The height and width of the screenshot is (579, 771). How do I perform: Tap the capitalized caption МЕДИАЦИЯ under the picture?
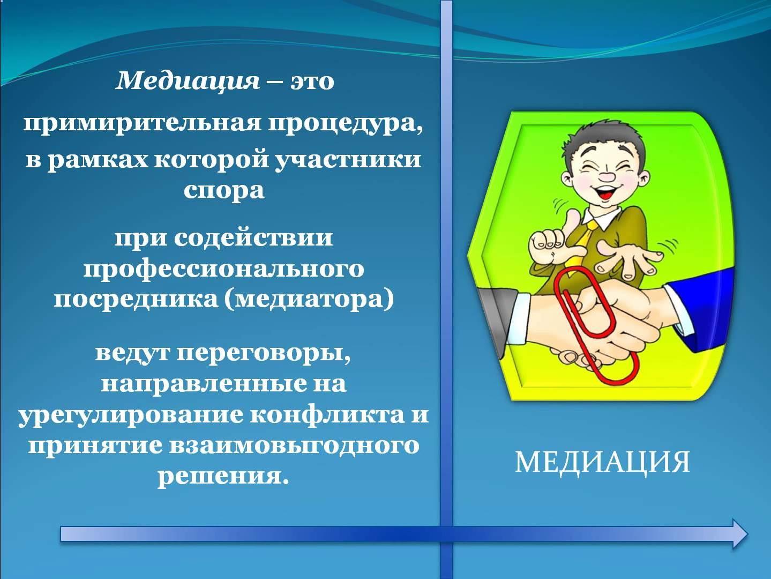602,462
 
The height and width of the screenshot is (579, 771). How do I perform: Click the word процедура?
346,125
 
